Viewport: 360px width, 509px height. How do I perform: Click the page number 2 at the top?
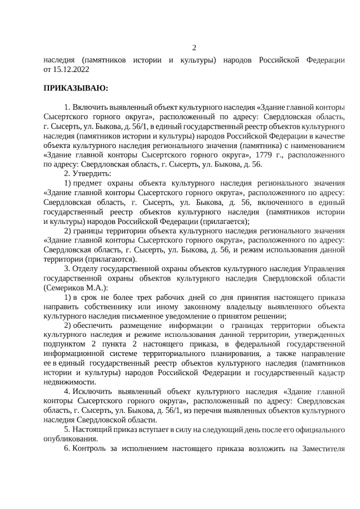(x=195, y=47)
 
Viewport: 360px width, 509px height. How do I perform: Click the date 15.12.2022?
(x=70, y=70)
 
